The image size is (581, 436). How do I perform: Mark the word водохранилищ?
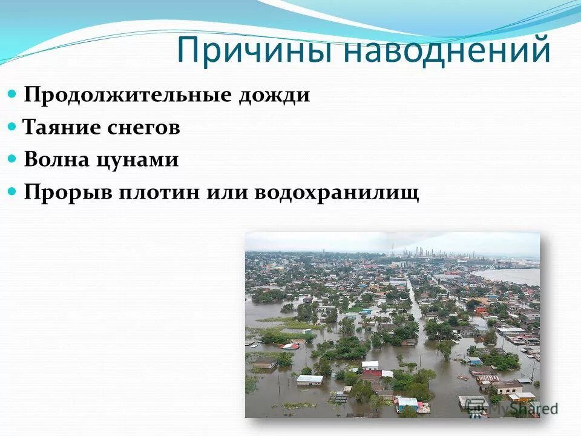click(x=336, y=193)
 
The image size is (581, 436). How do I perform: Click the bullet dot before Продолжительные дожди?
click(x=13, y=95)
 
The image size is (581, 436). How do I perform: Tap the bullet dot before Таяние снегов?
click(x=13, y=127)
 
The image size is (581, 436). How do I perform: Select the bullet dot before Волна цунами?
click(x=13, y=159)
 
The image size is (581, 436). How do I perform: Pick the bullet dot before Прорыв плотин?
click(x=13, y=192)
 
